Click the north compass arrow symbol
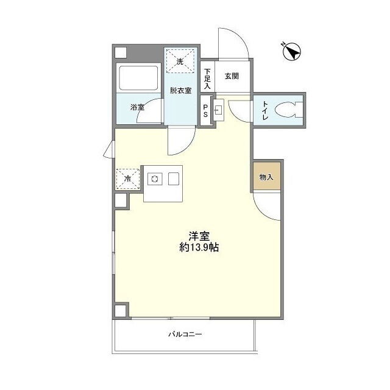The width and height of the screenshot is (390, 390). coord(292,52)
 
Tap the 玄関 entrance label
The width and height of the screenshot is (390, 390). coord(232,76)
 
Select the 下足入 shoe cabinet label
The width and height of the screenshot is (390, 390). coord(207,79)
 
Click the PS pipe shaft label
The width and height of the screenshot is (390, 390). coord(205,111)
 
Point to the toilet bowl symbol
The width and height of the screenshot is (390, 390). coord(289,110)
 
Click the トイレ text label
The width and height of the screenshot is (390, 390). coord(265,110)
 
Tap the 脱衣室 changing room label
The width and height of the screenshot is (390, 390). coord(181,90)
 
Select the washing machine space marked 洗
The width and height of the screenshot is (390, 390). coord(180,61)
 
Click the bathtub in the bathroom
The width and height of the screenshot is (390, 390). coord(138,77)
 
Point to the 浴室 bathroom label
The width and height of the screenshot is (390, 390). coord(137,107)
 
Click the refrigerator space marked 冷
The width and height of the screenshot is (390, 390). coord(127,179)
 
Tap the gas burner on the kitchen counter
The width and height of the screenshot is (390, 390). coord(155,179)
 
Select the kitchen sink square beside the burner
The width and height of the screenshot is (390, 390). coord(174,179)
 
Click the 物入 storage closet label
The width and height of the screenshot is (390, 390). coord(266,177)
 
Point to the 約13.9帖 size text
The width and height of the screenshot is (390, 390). coord(199,247)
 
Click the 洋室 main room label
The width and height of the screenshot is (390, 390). coord(199,236)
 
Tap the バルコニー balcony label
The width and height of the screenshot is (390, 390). coord(185,334)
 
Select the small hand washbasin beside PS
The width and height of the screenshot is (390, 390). coord(219,110)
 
